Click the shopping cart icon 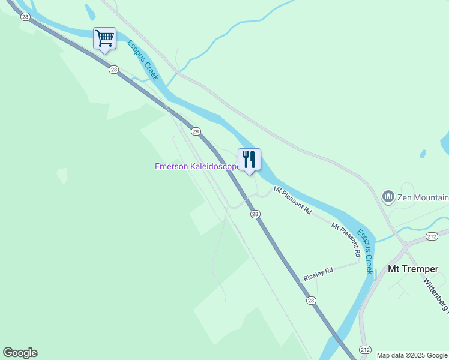pos(104,39)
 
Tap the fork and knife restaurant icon pos(249,160)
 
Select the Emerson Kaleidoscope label pos(196,166)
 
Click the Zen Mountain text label pos(423,197)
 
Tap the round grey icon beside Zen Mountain pos(388,196)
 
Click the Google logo pos(20,353)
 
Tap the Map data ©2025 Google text pos(411,355)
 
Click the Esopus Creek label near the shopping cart pos(142,60)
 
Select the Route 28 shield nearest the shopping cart pos(113,70)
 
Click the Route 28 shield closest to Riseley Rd pos(310,301)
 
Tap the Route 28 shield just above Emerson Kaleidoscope pos(195,131)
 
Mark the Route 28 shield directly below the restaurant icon pos(255,214)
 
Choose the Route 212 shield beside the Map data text pos(367,349)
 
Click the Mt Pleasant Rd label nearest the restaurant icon pos(293,201)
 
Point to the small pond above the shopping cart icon pos(90,11)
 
